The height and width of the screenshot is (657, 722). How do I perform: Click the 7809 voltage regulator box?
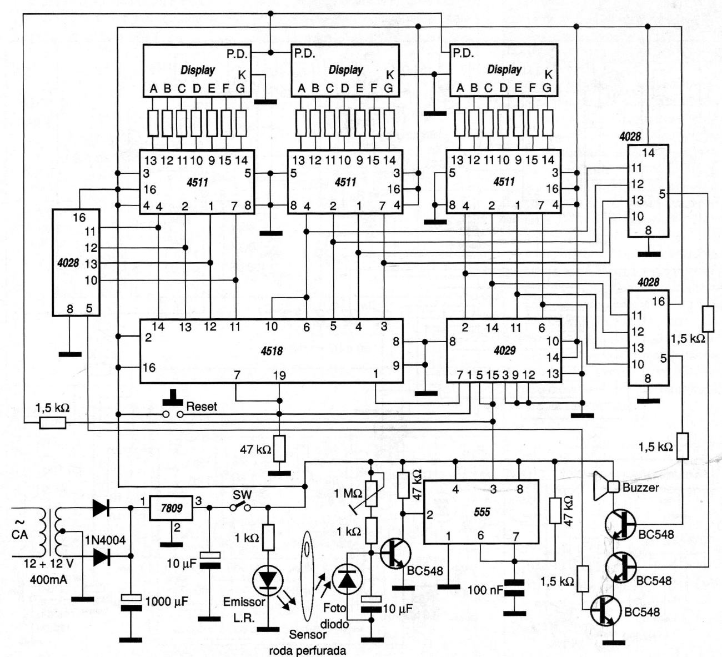coord(171,508)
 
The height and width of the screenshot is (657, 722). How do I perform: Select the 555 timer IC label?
coord(482,512)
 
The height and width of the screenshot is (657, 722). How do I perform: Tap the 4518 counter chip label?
coord(272,350)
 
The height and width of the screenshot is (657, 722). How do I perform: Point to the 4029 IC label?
coord(504,350)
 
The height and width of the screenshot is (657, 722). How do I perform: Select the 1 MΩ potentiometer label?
coord(348,493)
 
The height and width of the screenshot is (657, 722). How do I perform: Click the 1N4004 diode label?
coord(106,539)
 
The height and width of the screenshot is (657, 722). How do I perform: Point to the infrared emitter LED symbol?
coord(268,580)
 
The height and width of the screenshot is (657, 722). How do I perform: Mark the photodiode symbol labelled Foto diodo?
coord(347,580)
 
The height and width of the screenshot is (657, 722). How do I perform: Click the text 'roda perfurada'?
coord(308,650)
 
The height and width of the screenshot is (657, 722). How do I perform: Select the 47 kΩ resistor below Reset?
coord(280,448)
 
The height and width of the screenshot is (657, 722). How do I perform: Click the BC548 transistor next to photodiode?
coord(395,553)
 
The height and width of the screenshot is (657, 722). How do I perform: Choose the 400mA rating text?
coord(48,580)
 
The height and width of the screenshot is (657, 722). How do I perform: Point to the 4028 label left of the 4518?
coord(68,263)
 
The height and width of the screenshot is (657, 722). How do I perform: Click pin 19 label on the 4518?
coord(280,375)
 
